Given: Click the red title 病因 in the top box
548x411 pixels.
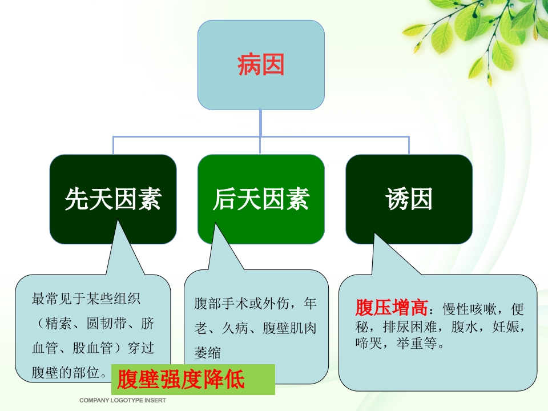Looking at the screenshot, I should click(261, 66).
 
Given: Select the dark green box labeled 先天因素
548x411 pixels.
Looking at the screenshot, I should click(113, 199).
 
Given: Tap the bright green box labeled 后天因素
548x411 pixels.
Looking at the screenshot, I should click(261, 199).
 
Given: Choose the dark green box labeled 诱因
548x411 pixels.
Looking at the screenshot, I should click(409, 199).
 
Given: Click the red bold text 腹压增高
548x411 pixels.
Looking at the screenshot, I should click(392, 308).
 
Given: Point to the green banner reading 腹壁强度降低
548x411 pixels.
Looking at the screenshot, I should click(192, 379).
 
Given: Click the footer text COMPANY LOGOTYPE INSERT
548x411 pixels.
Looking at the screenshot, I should click(123, 401).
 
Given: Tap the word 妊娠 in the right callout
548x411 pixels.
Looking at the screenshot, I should click(509, 328).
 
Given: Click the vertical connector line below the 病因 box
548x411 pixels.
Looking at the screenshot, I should click(261, 123).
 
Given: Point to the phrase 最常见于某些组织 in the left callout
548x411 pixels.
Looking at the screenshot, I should click(86, 299).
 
